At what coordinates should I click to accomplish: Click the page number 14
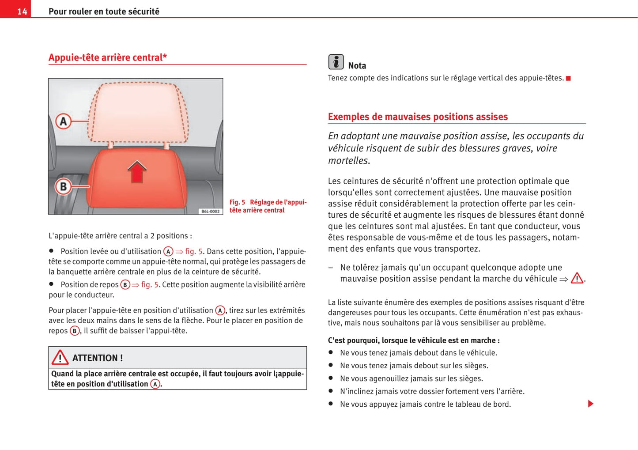[22, 11]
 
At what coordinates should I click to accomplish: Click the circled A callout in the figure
[64, 121]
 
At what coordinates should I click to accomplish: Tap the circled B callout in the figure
[64, 186]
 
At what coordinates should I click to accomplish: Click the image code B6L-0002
[210, 212]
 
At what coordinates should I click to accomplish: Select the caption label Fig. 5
[237, 202]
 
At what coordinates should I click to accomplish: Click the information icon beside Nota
[336, 62]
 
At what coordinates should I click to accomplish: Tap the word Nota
[357, 66]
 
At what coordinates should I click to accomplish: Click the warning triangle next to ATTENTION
[60, 357]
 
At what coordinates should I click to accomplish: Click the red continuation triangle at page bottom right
[591, 404]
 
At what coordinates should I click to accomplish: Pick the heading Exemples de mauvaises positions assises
[418, 117]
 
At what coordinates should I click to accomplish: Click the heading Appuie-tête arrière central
[107, 57]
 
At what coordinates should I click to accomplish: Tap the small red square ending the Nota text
[568, 79]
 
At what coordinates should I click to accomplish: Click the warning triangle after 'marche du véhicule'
[577, 279]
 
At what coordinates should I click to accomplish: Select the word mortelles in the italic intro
[348, 161]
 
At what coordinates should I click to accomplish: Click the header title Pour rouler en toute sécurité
[104, 11]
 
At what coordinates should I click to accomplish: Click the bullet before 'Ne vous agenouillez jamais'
[330, 378]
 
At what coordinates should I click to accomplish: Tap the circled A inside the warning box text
[155, 384]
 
